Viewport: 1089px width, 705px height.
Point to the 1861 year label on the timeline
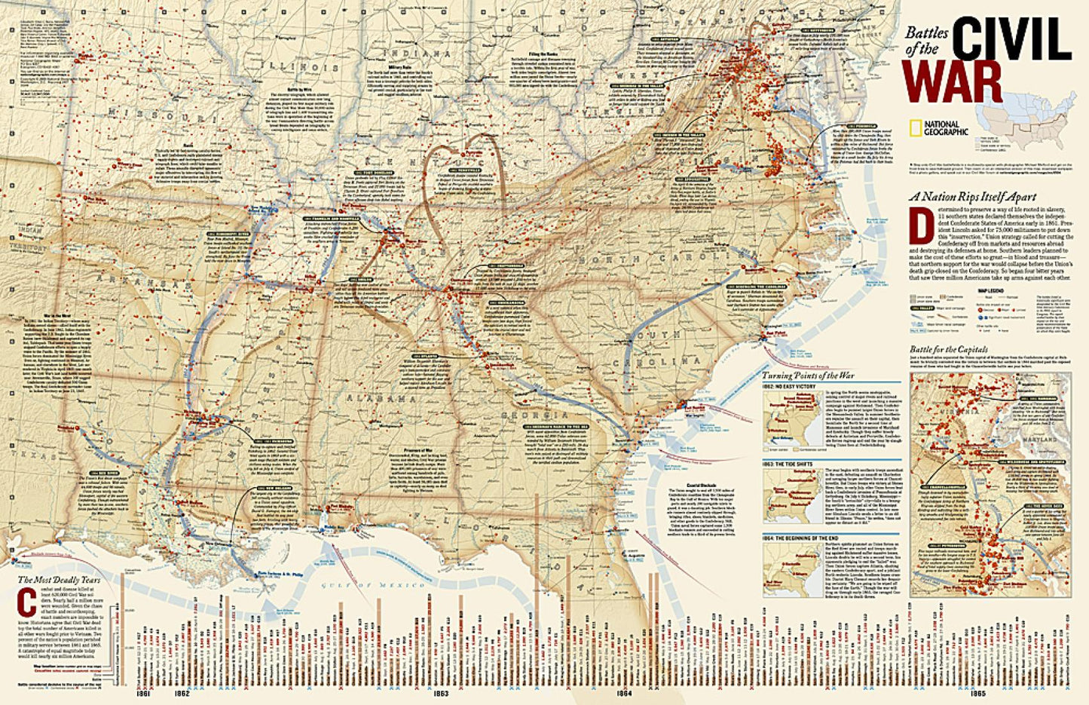142,692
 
